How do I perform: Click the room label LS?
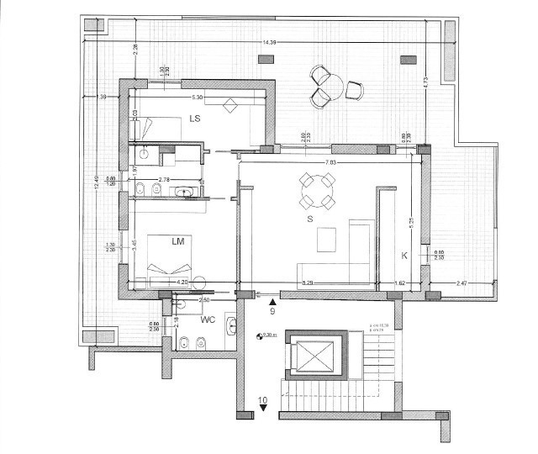pos(194,119)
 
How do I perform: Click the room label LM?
pos(177,241)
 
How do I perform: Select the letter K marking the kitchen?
pos(404,255)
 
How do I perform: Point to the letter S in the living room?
pos(310,219)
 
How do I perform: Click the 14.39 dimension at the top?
pos(269,42)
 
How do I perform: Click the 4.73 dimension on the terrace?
pos(427,82)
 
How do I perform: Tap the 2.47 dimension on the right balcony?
pos(462,283)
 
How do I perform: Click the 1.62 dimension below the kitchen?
pos(400,283)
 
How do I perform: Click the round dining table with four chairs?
pos(318,190)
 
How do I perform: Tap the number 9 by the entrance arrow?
pos(272,311)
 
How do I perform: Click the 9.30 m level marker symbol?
pos(260,335)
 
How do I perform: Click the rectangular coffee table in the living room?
pos(326,241)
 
